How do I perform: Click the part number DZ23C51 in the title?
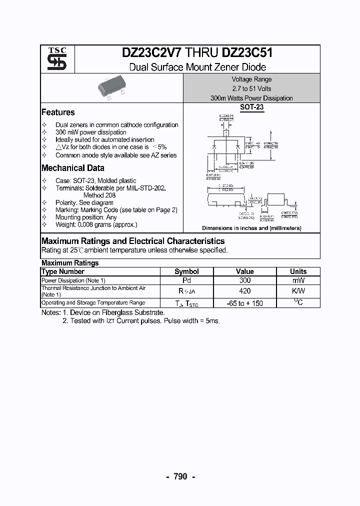pyautogui.click(x=247, y=53)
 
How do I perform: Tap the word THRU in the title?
pyautogui.click(x=203, y=53)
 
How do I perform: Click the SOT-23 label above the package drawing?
pyautogui.click(x=251, y=107)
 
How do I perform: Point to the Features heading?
pyautogui.click(x=58, y=112)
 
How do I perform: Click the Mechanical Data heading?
pyautogui.click(x=73, y=168)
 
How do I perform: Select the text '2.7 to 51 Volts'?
pyautogui.click(x=251, y=88)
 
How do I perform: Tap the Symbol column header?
pyautogui.click(x=186, y=271)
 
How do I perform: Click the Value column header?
pyautogui.click(x=245, y=271)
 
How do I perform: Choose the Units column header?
pyautogui.click(x=298, y=271)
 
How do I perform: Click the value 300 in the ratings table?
pyautogui.click(x=245, y=280)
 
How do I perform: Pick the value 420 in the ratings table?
pyautogui.click(x=245, y=291)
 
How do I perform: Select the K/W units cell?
pyautogui.click(x=298, y=291)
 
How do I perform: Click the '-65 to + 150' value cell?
pyautogui.click(x=245, y=303)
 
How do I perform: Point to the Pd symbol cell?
pyautogui.click(x=186, y=280)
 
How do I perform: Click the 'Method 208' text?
pyautogui.click(x=99, y=195)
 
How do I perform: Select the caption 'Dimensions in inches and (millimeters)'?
pyautogui.click(x=251, y=228)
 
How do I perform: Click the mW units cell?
pyautogui.click(x=298, y=280)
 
